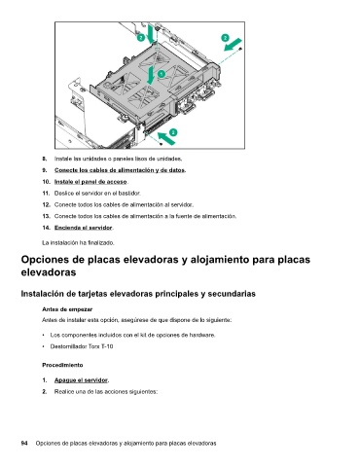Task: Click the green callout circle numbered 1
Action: coord(162,74)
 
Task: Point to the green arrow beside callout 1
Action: coord(151,75)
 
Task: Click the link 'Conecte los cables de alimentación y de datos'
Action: coord(120,170)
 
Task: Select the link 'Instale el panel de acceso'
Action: coord(90,182)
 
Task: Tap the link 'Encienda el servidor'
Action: coord(83,228)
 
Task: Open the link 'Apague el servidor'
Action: coord(81,380)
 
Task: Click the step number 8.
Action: coord(45,159)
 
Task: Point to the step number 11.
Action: coord(46,194)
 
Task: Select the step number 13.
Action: coord(46,216)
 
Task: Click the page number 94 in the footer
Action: coord(24,444)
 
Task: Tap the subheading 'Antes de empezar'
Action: coord(67,309)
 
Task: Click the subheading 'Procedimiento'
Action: coord(62,365)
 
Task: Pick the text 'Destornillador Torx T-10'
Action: coord(82,346)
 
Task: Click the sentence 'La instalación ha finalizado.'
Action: coord(78,242)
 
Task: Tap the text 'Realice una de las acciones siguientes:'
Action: coord(106,392)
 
